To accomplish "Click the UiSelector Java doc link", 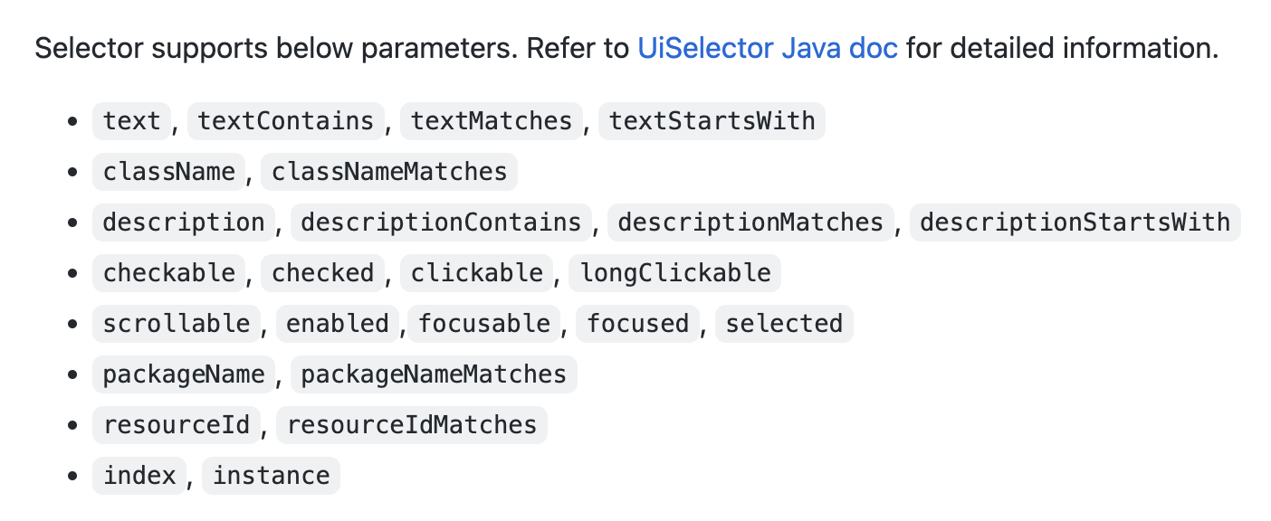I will (768, 48).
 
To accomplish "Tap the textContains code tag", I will (285, 120).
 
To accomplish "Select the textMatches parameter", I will (492, 120).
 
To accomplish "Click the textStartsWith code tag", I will (712, 120).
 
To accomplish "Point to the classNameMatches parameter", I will (389, 171).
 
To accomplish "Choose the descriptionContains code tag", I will (441, 223).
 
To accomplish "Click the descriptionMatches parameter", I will (750, 223).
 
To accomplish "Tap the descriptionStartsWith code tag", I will (1075, 223).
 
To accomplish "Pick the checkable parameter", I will (169, 273).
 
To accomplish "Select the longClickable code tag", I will (674, 273).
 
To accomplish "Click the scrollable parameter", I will (177, 324).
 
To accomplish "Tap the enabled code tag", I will (338, 324).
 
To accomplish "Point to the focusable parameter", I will (484, 324).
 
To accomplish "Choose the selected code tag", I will (784, 324).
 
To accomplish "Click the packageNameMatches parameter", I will (434, 374).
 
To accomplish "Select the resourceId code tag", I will (177, 425).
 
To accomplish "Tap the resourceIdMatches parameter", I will (411, 425).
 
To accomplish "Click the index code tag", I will (139, 476).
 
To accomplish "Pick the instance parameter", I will (271, 476).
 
